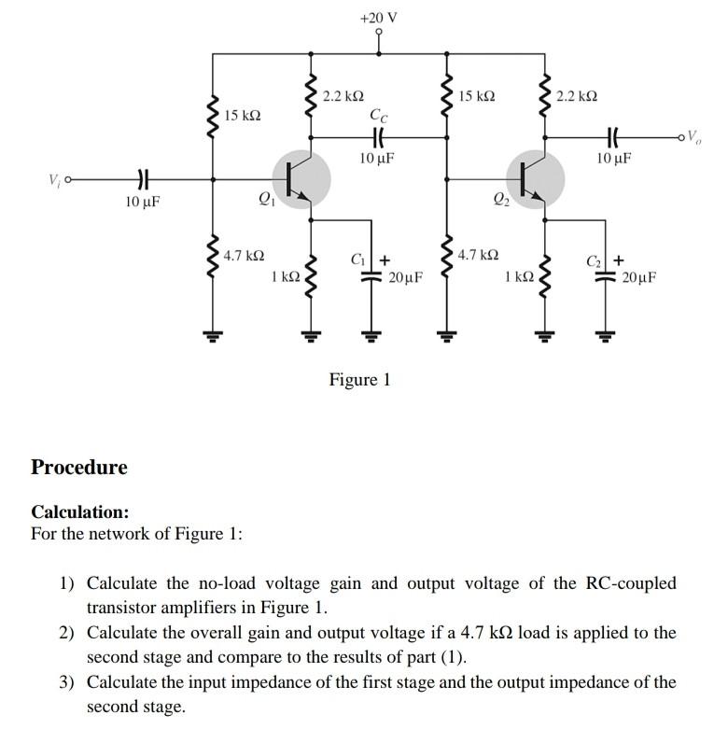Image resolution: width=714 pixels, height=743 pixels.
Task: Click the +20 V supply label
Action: (x=378, y=17)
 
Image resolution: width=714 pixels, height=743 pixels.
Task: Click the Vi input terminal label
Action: (x=52, y=178)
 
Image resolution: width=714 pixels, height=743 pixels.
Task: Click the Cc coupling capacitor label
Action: (x=378, y=116)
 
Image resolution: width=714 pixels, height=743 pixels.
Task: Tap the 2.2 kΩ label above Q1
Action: (x=343, y=96)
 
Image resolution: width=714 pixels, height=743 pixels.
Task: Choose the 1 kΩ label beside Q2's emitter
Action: (x=518, y=276)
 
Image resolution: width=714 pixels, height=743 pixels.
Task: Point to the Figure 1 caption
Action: (x=359, y=379)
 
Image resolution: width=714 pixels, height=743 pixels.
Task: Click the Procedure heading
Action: (x=79, y=467)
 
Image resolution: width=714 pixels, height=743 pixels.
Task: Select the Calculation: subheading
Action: (x=80, y=512)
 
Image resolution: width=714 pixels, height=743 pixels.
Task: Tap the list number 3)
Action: (x=67, y=681)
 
